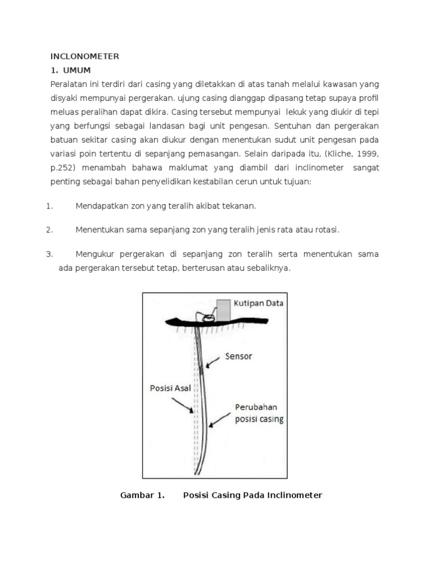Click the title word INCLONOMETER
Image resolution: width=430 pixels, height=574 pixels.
(x=85, y=56)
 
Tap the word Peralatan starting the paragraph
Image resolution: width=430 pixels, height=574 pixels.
(x=68, y=84)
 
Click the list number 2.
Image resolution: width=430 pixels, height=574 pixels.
(x=49, y=230)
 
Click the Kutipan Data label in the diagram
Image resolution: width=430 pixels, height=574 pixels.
(x=259, y=304)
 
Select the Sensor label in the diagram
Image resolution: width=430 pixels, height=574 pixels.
(x=239, y=355)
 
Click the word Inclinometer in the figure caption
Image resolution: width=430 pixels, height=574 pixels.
(x=295, y=496)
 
